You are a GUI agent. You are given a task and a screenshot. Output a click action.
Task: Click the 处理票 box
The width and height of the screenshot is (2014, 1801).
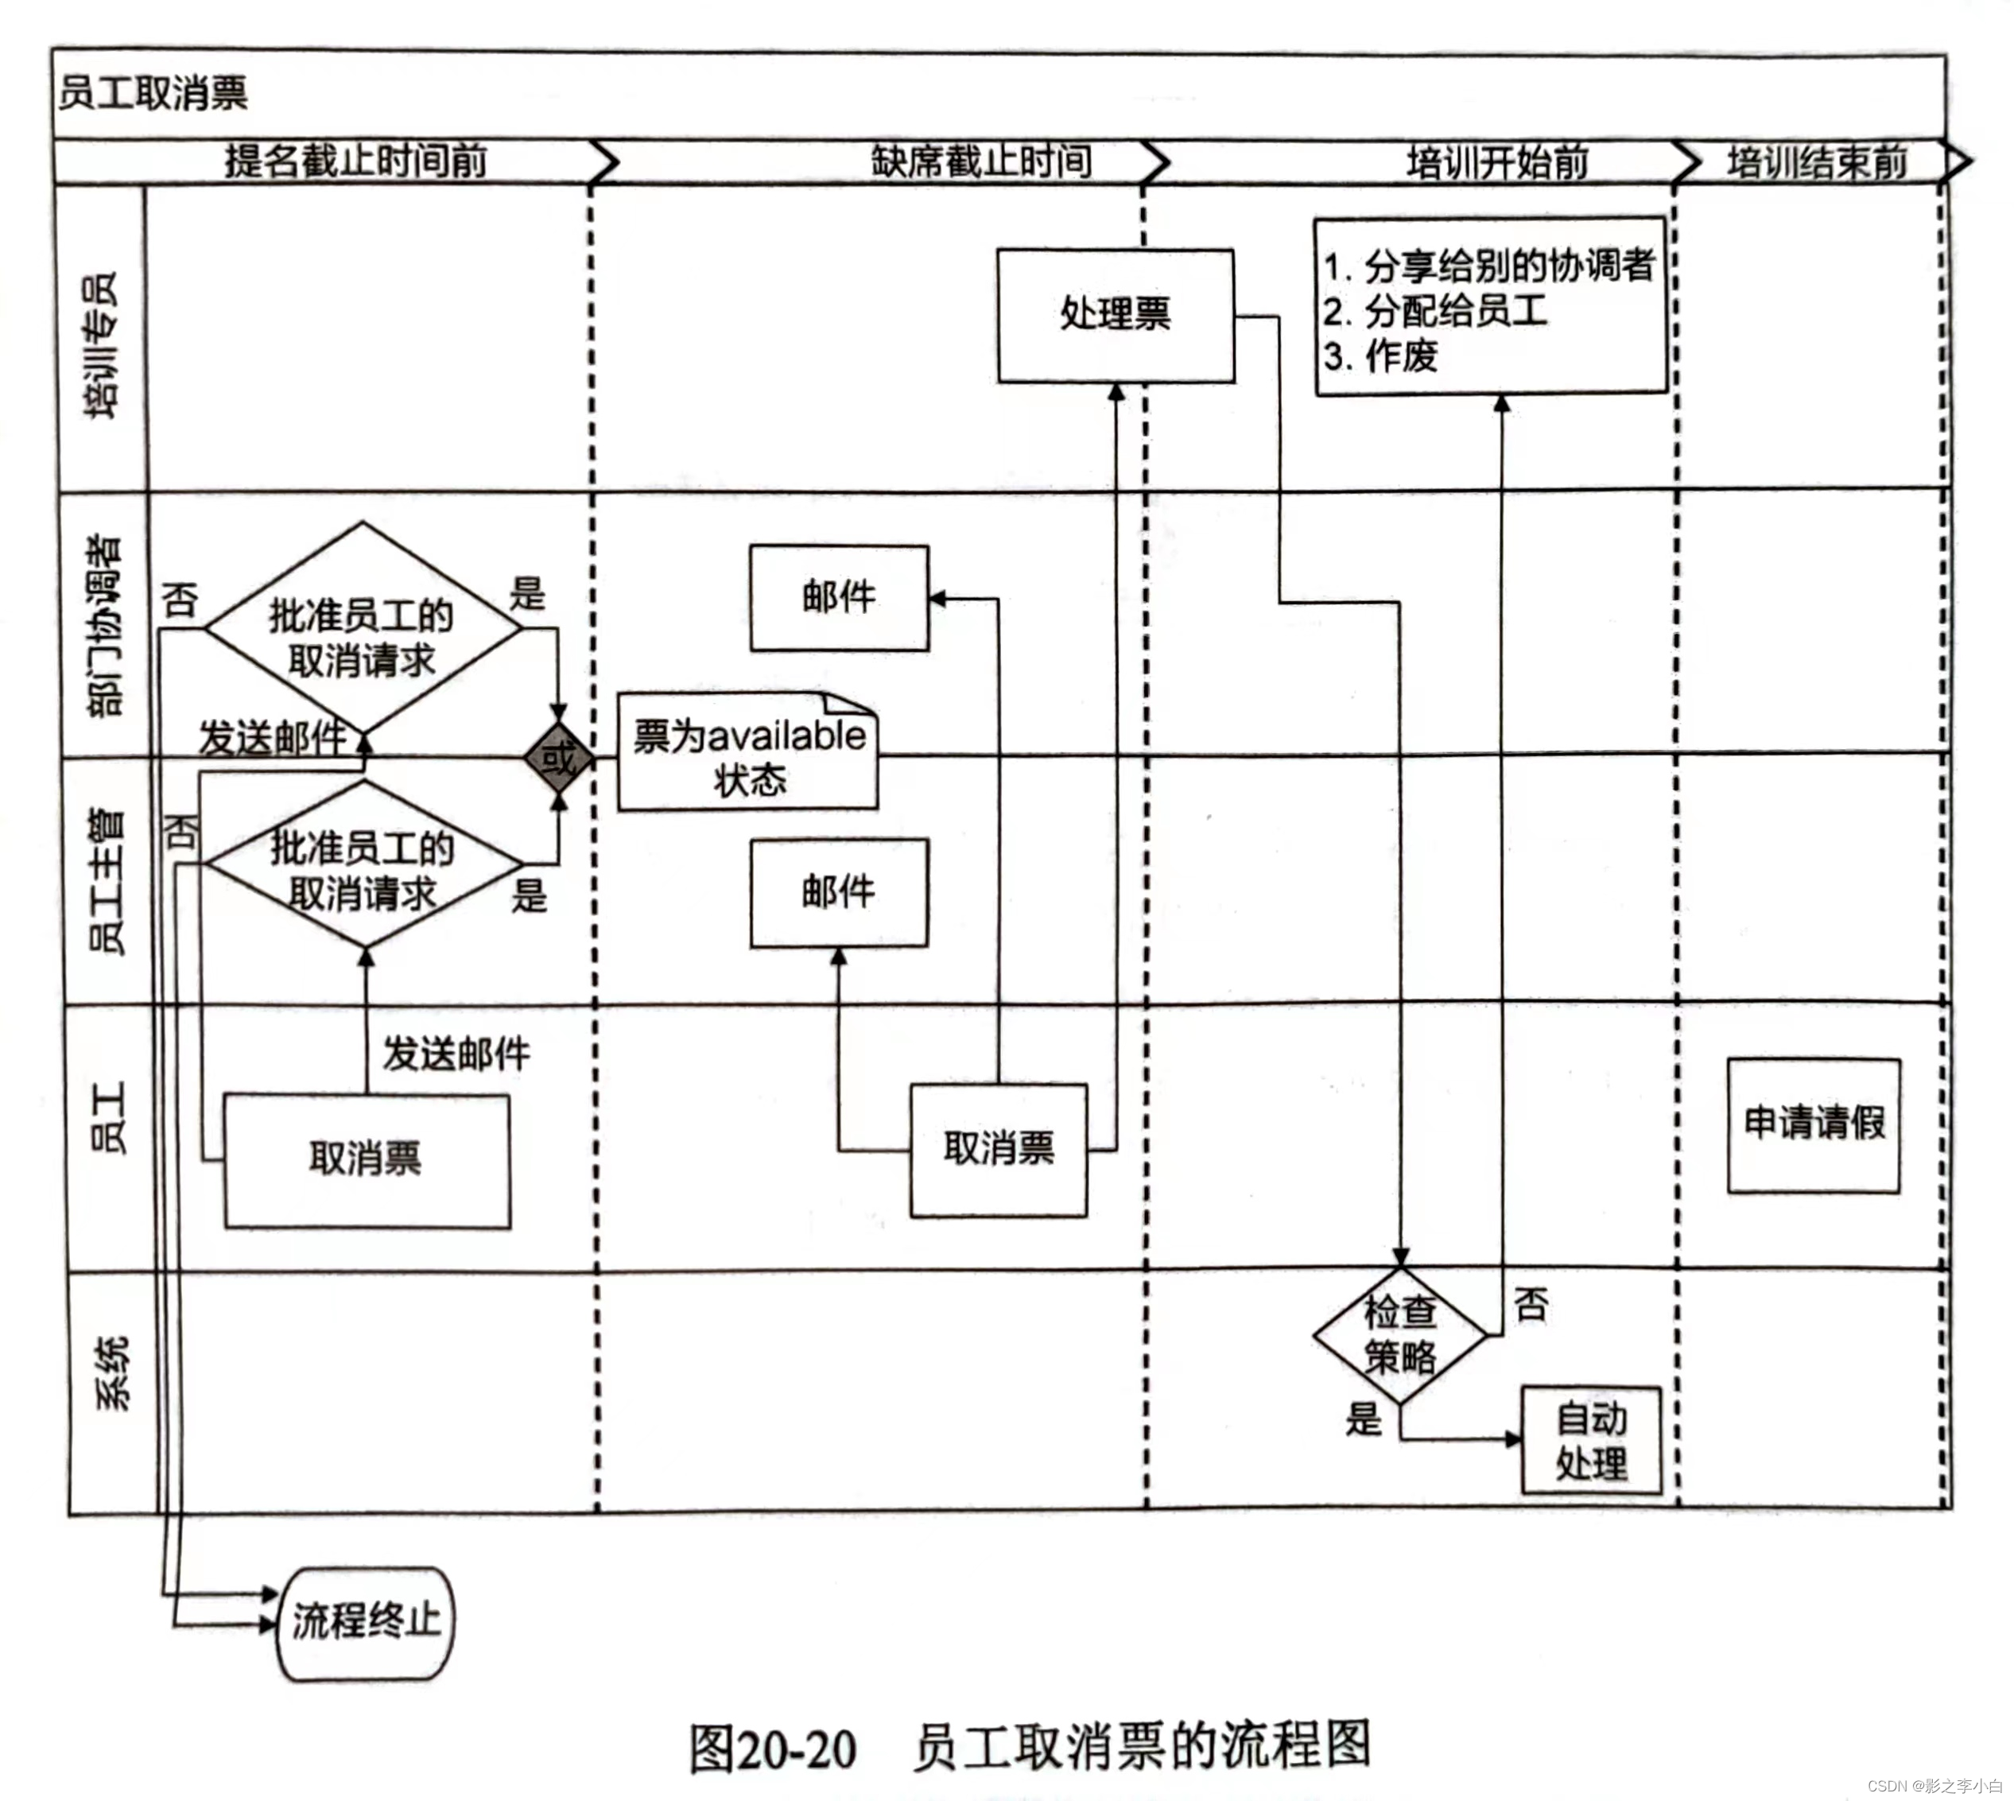pos(1116,315)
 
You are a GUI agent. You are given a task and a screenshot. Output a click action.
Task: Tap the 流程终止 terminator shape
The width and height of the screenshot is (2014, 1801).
pos(365,1623)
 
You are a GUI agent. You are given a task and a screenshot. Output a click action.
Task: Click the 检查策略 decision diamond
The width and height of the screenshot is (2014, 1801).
pos(1399,1335)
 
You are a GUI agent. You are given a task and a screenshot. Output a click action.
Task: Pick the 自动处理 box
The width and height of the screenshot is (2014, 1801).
pos(1590,1440)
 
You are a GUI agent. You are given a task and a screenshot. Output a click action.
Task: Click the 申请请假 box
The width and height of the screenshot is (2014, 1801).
pos(1813,1125)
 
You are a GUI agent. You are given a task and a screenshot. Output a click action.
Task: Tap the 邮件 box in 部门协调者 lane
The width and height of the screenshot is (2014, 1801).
pos(838,598)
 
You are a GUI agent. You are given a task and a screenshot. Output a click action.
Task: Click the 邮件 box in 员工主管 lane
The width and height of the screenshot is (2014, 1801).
pos(838,893)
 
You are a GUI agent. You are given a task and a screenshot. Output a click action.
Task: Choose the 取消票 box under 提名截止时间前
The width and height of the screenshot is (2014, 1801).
pos(367,1160)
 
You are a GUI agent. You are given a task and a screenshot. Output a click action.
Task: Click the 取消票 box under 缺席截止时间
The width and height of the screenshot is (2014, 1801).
pos(998,1150)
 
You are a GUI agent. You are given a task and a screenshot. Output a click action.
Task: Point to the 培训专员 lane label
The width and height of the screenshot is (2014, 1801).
pos(102,344)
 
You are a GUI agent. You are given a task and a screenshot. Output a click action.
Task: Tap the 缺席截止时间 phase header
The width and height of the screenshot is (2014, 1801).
pos(981,161)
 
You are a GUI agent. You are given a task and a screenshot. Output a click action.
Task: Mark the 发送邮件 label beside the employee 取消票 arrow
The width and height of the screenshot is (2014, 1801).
pos(456,1054)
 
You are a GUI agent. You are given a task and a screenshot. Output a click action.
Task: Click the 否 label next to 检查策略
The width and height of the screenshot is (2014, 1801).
pos(1530,1304)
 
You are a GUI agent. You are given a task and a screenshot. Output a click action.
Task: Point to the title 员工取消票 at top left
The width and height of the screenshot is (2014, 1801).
pos(153,93)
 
